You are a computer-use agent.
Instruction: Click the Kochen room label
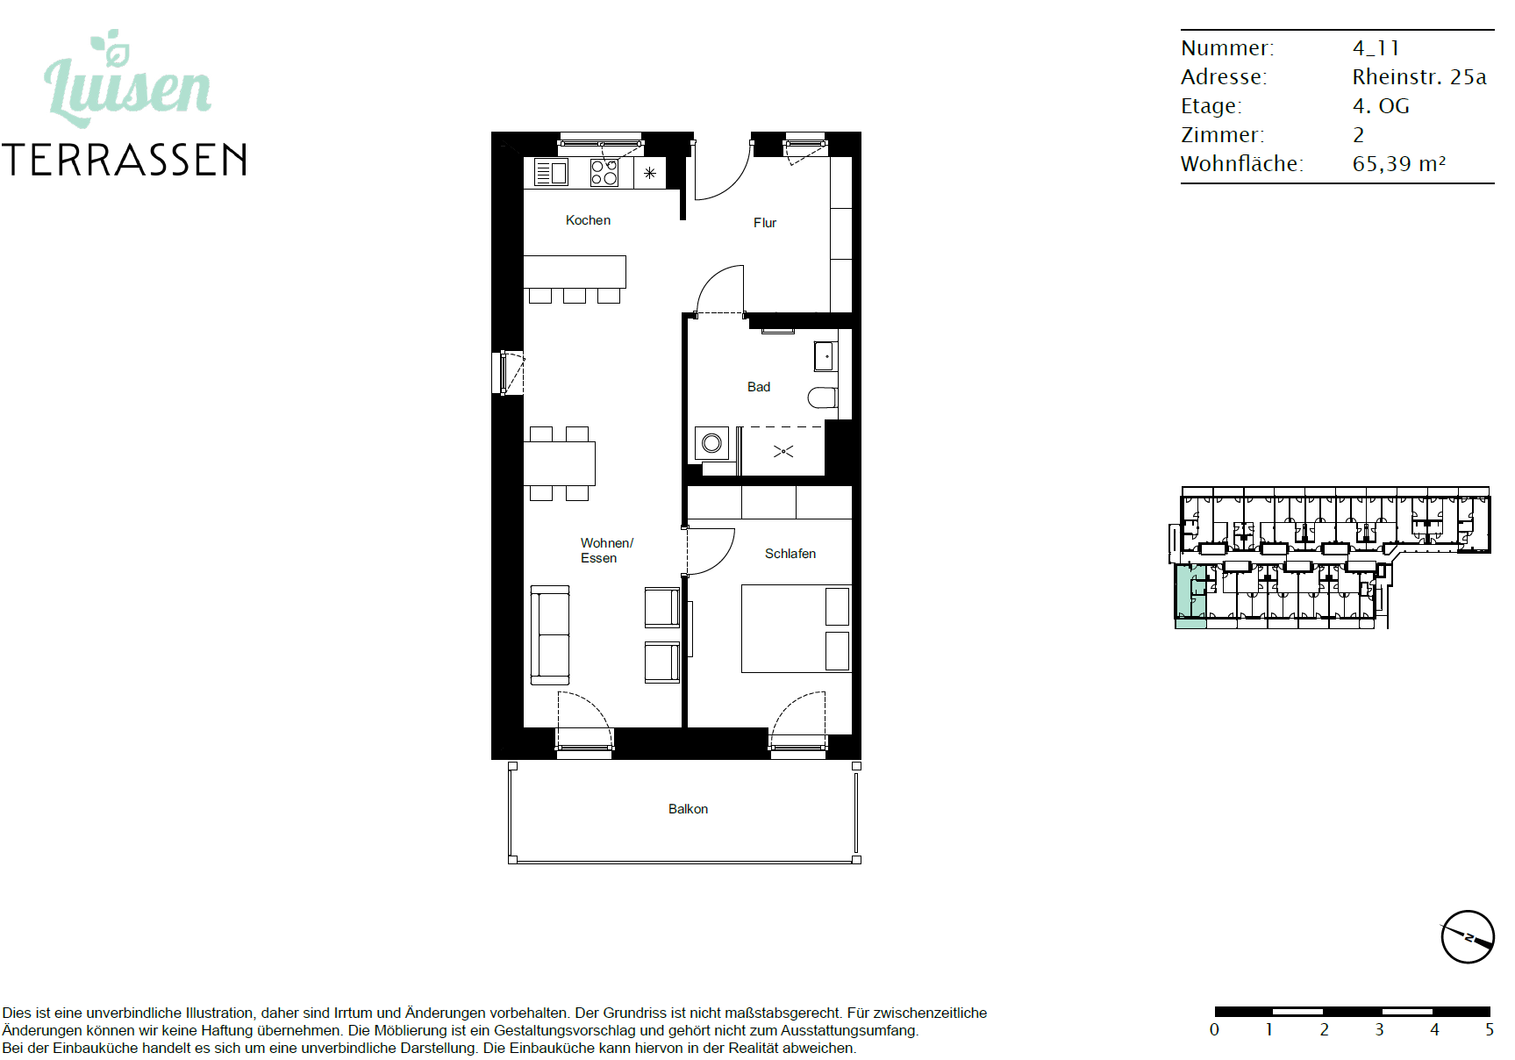(x=588, y=220)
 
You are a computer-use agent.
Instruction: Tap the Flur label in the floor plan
(x=765, y=223)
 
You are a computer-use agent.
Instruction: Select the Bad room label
(x=759, y=387)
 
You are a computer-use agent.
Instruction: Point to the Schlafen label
(x=790, y=554)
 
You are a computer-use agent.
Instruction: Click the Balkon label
(x=688, y=809)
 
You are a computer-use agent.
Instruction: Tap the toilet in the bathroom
(x=822, y=398)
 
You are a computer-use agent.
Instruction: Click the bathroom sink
(x=825, y=356)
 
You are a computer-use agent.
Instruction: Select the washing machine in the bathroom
(x=711, y=444)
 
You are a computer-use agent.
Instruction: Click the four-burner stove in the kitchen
(x=604, y=173)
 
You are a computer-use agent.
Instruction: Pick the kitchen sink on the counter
(x=551, y=173)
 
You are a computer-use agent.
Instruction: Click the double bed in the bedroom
(x=796, y=629)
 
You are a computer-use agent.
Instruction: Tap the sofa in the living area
(x=550, y=635)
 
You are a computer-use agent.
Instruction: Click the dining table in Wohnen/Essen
(x=560, y=463)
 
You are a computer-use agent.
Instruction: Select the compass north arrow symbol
(x=1468, y=937)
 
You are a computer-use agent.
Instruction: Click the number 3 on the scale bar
(x=1380, y=1030)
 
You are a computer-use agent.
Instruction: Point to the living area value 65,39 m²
(x=1399, y=164)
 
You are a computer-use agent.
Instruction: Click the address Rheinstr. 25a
(x=1419, y=77)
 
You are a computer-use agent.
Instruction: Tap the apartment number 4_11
(x=1376, y=48)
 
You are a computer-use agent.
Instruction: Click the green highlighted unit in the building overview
(x=1190, y=597)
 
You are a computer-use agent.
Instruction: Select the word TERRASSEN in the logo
(x=125, y=161)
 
